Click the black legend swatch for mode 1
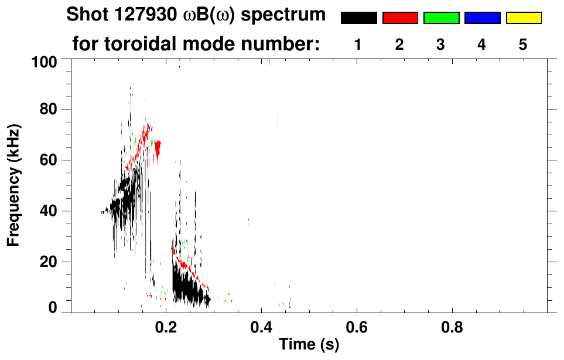point(358,18)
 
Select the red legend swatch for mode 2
point(400,18)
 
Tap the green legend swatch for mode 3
point(441,18)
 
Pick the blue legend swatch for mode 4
point(482,18)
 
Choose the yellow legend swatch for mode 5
point(524,18)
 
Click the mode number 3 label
point(440,45)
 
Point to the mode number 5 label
point(523,45)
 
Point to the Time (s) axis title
point(309,345)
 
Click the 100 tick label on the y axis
point(43,61)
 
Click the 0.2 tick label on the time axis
point(166,326)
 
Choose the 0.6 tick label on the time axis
point(356,326)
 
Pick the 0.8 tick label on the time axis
point(452,326)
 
